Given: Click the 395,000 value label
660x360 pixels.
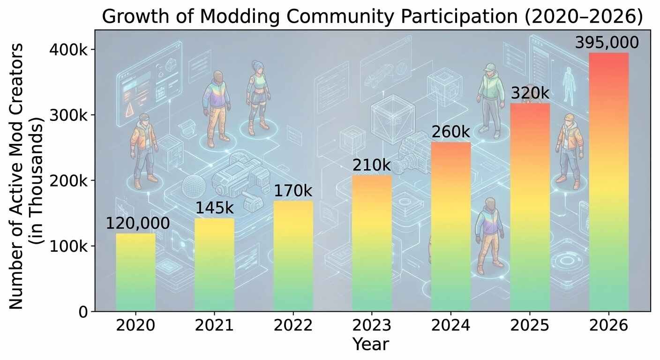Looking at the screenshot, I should pos(607,43).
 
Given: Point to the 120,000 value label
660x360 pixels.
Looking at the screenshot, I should pos(137,224).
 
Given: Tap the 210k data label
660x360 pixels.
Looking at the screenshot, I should pos(371,165).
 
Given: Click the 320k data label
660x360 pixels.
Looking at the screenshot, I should pos(529,94).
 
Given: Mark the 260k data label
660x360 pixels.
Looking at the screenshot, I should pos(450,133).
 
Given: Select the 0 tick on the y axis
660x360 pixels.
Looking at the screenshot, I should pos(82,312).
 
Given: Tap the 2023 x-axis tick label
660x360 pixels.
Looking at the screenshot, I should pos(371,325).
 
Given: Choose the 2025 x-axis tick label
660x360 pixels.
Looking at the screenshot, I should pos(529,325).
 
